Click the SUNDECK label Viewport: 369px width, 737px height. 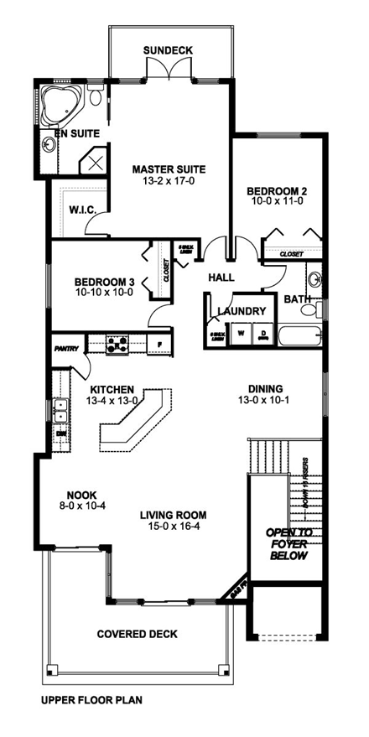[x=168, y=50]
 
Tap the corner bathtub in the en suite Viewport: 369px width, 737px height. [x=60, y=103]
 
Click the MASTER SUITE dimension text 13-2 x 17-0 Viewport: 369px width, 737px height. [x=169, y=181]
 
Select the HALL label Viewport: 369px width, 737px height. [x=221, y=278]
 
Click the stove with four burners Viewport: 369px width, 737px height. [x=117, y=344]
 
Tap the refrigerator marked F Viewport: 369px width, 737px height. [x=158, y=344]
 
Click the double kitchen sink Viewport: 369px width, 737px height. [x=60, y=411]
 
